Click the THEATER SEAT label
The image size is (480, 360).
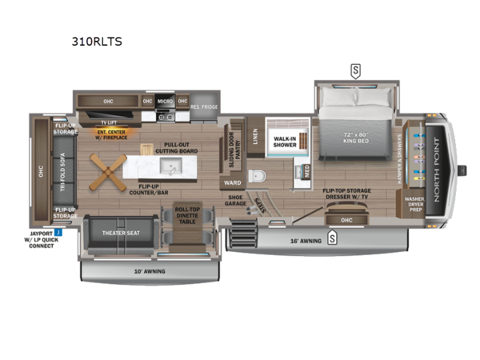[x=121, y=233]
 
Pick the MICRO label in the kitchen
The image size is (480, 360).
[x=165, y=102]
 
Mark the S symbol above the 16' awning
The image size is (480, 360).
[x=332, y=236]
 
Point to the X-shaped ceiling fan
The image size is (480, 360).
[x=106, y=170]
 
